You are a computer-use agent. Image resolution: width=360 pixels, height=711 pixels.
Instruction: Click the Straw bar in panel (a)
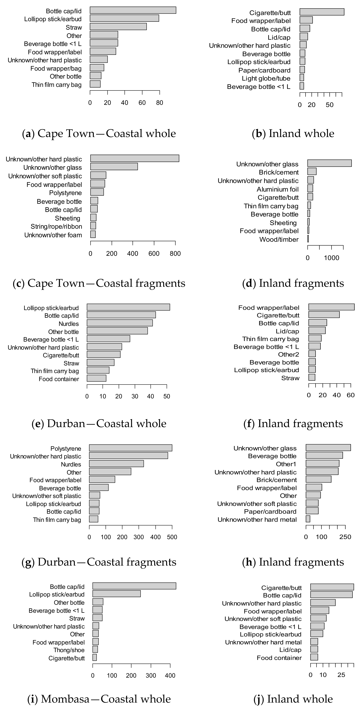pos(118,27)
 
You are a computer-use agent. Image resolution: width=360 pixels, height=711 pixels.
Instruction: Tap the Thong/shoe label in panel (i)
pos(69,650)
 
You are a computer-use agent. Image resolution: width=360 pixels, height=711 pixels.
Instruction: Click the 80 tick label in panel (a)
pos(160,103)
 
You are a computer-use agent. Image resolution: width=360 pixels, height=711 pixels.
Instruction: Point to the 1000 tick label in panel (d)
pos(331,258)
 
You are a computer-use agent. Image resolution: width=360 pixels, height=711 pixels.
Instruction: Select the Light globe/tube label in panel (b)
pos(266,78)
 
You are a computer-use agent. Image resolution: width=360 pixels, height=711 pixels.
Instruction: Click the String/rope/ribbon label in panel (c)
pos(56,227)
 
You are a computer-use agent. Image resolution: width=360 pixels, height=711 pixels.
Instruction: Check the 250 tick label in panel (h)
pos(345,537)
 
